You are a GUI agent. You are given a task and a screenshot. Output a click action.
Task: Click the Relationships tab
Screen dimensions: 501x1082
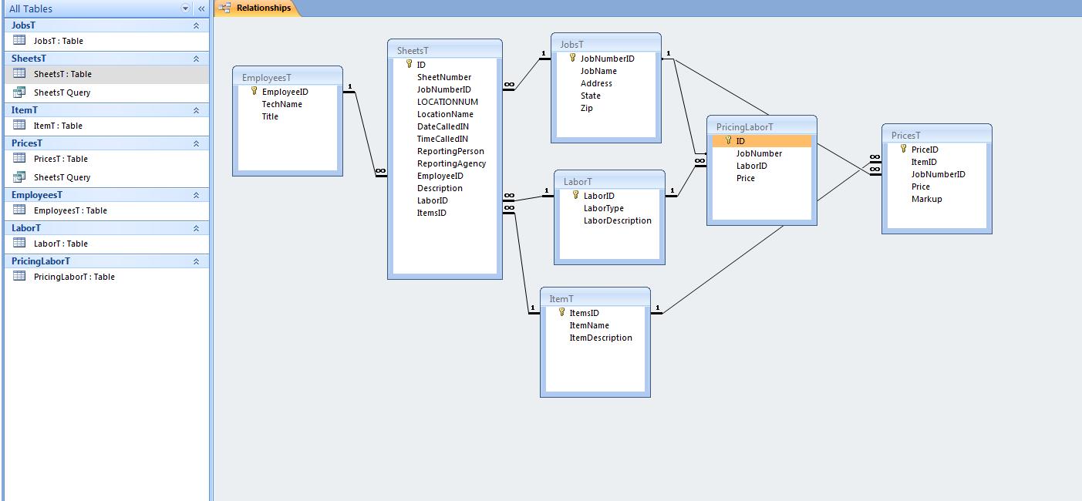click(263, 8)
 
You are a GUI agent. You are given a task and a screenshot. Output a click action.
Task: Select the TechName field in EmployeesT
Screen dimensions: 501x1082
click(281, 104)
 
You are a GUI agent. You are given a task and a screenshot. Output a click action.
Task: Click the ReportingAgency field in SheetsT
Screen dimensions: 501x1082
click(451, 163)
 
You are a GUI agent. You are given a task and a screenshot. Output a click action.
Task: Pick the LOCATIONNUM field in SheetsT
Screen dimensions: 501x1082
click(447, 102)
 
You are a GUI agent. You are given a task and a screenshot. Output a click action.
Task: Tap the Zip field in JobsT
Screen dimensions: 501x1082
click(586, 108)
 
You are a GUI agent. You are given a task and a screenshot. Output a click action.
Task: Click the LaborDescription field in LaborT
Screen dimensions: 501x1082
click(617, 220)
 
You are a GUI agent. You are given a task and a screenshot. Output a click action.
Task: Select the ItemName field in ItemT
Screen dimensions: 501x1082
click(589, 325)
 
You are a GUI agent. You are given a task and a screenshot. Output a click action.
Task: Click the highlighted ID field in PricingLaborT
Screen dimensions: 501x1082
click(740, 141)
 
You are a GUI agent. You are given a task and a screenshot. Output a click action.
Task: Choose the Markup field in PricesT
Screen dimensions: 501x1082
click(926, 199)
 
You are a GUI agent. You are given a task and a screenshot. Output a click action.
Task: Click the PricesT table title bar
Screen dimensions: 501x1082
click(936, 136)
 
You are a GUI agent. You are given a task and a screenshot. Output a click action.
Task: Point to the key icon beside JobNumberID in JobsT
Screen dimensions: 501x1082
click(573, 58)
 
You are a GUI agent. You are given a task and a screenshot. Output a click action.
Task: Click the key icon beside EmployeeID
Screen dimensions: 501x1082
click(254, 91)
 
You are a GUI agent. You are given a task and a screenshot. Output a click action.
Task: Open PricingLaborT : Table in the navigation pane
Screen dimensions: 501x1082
click(74, 277)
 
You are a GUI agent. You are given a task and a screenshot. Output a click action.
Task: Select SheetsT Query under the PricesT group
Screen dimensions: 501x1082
click(62, 177)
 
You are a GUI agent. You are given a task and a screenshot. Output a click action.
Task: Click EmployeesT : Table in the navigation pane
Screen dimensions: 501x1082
click(70, 210)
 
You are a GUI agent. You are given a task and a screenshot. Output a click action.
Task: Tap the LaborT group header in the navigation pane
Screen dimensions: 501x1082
click(26, 228)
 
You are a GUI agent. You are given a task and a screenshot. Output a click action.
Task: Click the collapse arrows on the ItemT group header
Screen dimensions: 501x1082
click(196, 110)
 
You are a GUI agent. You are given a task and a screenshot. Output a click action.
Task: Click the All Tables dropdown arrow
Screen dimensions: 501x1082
click(185, 8)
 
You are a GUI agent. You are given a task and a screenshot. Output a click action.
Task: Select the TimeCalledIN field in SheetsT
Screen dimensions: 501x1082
click(442, 139)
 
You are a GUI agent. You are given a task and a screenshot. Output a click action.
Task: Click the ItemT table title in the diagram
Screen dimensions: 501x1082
click(561, 299)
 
